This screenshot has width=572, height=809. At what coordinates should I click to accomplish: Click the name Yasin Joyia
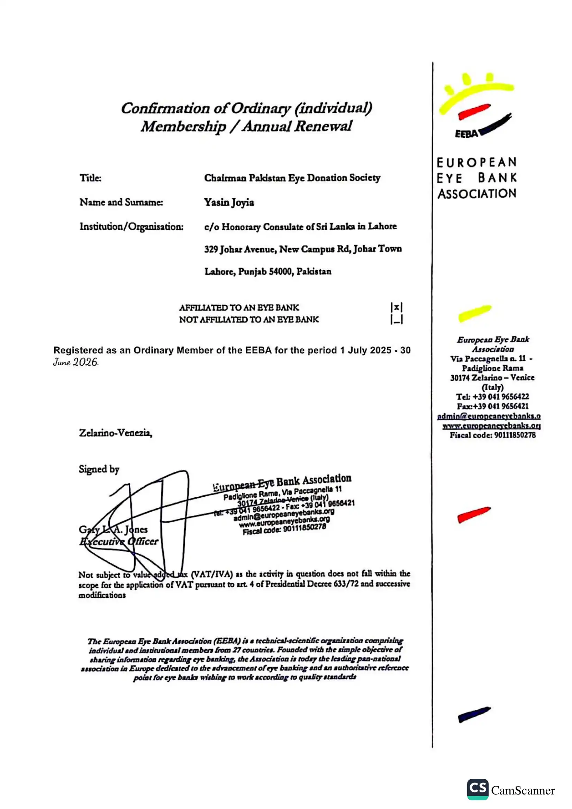coord(229,202)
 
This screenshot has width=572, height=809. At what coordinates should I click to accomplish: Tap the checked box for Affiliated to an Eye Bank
coord(397,307)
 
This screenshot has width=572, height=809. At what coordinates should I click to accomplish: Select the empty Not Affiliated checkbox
coord(397,319)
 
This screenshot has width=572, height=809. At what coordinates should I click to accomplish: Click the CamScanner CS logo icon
coord(478,789)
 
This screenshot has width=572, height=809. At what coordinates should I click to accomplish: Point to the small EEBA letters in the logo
coord(466,134)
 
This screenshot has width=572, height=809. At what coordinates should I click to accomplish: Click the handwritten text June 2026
coord(75,362)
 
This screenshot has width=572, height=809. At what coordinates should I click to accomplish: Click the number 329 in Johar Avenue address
coord(211,249)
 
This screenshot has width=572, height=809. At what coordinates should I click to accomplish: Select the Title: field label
coord(91,178)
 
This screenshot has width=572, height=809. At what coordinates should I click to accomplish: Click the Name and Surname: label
coord(121,202)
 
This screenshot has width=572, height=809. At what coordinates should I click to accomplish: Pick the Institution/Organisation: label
coord(131,226)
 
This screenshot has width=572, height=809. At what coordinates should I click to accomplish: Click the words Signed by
coord(99,469)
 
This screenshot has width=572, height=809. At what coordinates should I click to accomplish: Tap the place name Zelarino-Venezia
coord(116,433)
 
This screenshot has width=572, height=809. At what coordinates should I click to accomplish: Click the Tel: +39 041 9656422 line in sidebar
coord(492,396)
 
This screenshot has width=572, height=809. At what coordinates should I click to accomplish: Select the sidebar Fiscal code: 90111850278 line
coord(492,435)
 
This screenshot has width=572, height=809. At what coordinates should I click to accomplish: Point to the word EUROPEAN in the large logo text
coord(476,163)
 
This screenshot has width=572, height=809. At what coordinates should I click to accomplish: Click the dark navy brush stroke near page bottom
coord(474,715)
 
